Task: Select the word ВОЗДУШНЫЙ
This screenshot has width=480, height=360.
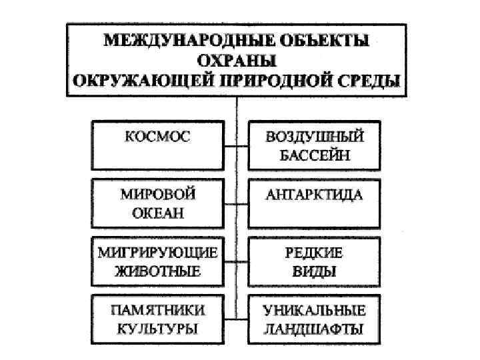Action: [315, 138]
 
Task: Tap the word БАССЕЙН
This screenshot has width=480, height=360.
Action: [315, 156]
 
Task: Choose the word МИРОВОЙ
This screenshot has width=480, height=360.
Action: [157, 195]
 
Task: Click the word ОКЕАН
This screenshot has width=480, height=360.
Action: [157, 214]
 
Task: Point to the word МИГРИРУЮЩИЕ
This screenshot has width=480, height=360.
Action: [157, 253]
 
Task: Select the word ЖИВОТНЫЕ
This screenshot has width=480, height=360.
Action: [157, 271]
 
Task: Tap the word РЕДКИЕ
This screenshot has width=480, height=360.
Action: [315, 253]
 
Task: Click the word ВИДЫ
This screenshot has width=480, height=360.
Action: [315, 271]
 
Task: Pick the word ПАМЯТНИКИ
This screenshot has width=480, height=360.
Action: [157, 311]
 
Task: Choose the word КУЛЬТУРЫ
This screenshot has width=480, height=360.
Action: [157, 329]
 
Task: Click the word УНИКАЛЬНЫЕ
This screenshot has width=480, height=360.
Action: [315, 311]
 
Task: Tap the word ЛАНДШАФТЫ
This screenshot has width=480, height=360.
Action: [315, 329]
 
